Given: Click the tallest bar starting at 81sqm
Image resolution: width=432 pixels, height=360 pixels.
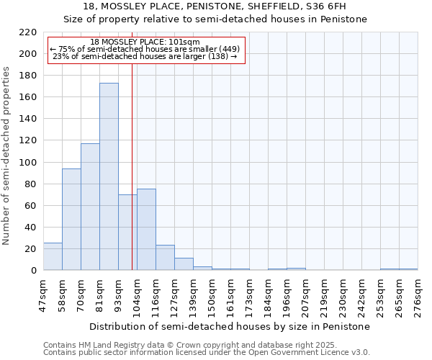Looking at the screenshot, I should click(x=109, y=176).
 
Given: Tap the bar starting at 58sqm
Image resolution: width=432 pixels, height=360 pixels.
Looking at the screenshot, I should click(x=71, y=220).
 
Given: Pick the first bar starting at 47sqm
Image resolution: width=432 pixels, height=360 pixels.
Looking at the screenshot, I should click(x=53, y=256).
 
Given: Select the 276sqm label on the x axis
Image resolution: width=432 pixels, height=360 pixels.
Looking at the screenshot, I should click(x=418, y=296).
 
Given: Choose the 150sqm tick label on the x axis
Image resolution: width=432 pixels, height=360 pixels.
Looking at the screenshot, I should click(x=212, y=296).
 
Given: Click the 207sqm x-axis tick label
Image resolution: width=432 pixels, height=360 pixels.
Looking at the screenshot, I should click(x=305, y=296).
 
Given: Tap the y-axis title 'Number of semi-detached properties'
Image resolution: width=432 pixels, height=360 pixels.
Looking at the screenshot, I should click(x=6, y=156).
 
